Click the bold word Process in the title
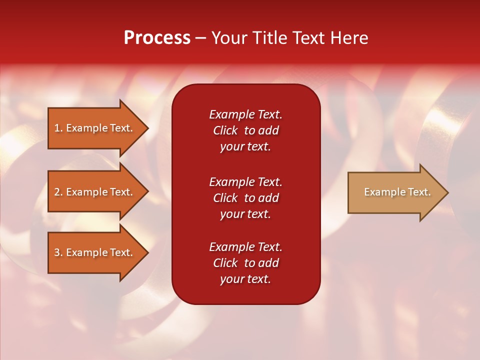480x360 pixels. tap(157, 38)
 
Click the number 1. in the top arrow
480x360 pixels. tap(58, 128)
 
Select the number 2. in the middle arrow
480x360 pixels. tap(58, 192)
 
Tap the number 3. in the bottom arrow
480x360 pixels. tap(58, 252)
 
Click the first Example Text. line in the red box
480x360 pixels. tap(245, 114)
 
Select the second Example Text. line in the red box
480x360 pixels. tap(245, 181)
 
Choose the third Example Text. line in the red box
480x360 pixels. tap(245, 247)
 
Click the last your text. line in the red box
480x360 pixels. tap(245, 279)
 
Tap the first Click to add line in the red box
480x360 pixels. tap(245, 130)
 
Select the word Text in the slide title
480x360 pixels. tap(309, 38)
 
